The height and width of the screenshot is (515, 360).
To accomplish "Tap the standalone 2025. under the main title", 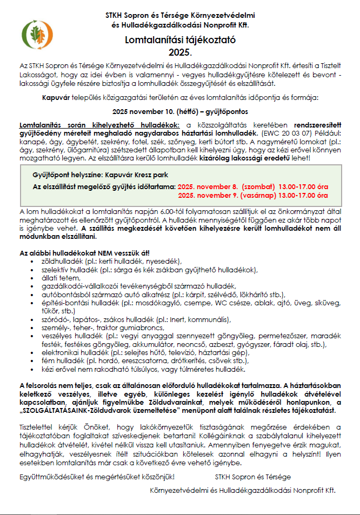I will click(x=180, y=52).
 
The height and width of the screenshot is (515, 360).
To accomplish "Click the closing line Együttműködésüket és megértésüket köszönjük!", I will click(x=97, y=477).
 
